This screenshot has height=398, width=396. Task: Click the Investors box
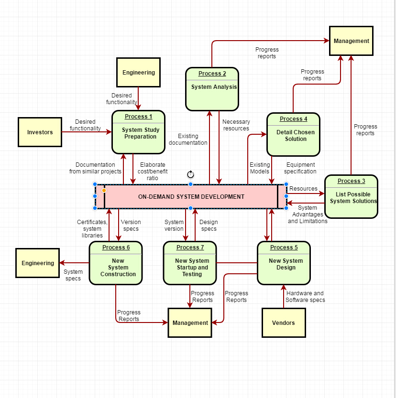point(40,132)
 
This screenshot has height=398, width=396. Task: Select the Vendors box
point(283,323)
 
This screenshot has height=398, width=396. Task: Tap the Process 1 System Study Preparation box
point(138,132)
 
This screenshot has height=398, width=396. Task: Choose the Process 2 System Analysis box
point(212,89)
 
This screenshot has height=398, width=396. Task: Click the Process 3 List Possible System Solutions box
point(351,196)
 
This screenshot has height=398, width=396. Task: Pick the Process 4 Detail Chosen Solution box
point(293,135)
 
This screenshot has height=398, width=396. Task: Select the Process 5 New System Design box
point(284,263)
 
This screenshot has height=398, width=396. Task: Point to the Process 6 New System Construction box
point(116,263)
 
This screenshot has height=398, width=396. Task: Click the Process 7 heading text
point(190,247)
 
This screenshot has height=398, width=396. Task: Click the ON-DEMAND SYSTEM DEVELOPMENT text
point(191,197)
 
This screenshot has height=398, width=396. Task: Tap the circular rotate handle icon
point(190,174)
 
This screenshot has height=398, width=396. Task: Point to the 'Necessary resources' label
point(236,125)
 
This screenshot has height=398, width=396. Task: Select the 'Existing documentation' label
point(188,140)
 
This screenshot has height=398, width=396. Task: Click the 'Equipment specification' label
point(300,168)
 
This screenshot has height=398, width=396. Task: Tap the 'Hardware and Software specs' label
point(305,297)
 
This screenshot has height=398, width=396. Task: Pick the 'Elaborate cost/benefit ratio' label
point(153,172)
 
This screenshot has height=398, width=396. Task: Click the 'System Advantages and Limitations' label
point(308,215)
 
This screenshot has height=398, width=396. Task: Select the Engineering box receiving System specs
point(38,263)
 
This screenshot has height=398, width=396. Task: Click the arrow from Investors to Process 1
point(86,132)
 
